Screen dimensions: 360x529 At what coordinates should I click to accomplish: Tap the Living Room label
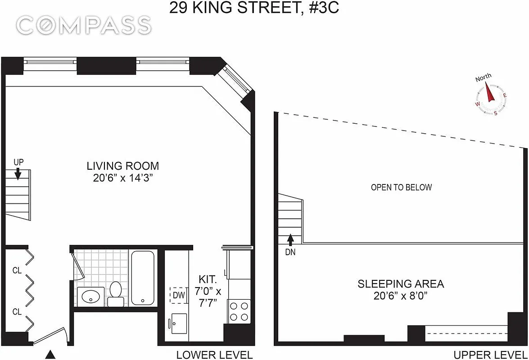(123, 166)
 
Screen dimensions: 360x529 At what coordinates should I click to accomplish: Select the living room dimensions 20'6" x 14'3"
(123, 178)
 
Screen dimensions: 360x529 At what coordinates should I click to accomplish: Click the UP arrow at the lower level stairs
(18, 173)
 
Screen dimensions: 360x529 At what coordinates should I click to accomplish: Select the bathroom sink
(90, 297)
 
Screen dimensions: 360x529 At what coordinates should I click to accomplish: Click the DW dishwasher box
(178, 296)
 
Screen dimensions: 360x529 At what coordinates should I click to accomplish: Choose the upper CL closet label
(17, 270)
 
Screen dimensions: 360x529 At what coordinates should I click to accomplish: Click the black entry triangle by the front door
(51, 355)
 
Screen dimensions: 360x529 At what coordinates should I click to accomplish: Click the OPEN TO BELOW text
(401, 187)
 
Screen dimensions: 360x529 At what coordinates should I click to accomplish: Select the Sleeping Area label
(401, 284)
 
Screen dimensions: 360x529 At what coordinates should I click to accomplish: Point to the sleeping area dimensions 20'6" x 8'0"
(401, 296)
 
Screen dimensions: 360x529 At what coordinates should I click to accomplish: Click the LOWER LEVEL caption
(214, 355)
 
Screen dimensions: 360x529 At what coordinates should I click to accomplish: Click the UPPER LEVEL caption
(490, 355)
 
